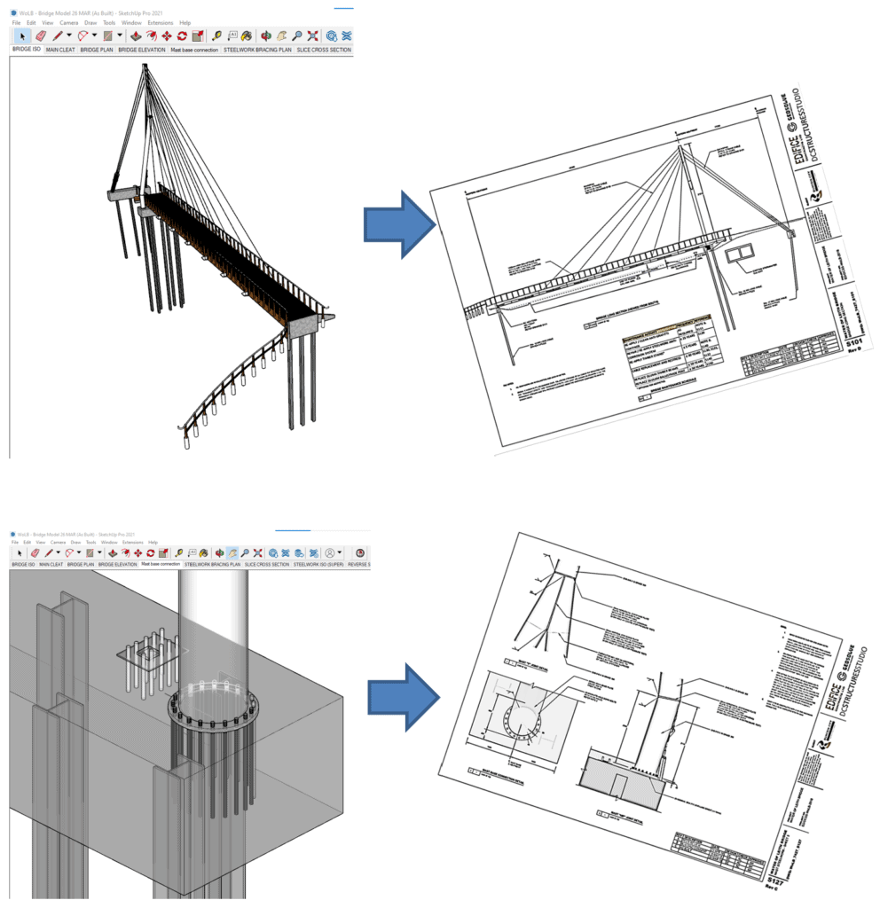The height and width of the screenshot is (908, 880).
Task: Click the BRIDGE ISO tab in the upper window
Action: pos(26,51)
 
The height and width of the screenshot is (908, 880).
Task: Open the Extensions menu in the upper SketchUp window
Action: pos(160,22)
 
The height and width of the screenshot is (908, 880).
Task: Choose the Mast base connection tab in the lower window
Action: pos(160,564)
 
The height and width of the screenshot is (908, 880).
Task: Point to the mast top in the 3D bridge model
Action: pos(145,67)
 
